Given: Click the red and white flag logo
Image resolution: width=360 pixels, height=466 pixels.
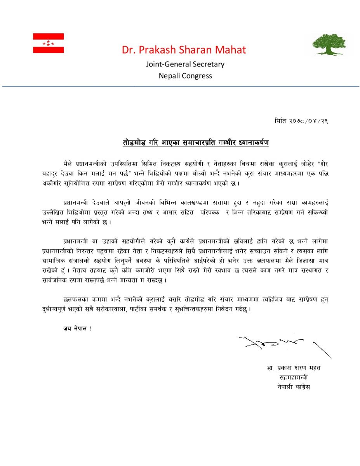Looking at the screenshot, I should pyautogui.click(x=48, y=43).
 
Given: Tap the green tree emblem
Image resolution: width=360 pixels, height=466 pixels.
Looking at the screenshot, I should pyautogui.click(x=329, y=44).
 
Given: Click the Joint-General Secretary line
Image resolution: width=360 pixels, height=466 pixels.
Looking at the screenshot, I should pyautogui.click(x=185, y=64).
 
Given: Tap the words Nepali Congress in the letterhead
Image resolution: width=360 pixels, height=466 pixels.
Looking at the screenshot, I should pyautogui.click(x=185, y=76).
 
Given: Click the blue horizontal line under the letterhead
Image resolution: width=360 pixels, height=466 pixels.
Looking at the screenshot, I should pyautogui.click(x=180, y=86).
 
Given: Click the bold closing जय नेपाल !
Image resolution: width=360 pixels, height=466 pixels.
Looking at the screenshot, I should pyautogui.click(x=77, y=329).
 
